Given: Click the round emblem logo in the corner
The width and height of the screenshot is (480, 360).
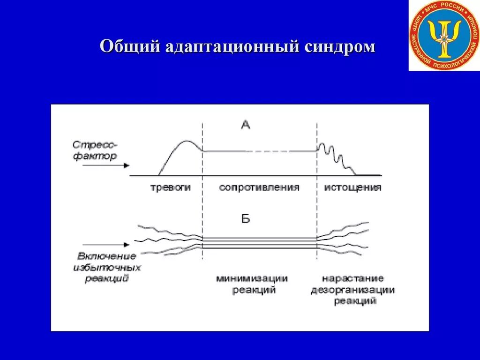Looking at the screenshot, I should pyautogui.click(x=443, y=36).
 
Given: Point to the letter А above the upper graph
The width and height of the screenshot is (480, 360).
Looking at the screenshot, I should pyautogui.click(x=246, y=124).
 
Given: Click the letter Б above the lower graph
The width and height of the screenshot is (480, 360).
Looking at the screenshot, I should pyautogui.click(x=246, y=219).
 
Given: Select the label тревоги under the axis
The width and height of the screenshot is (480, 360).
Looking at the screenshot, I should pyautogui.click(x=170, y=187).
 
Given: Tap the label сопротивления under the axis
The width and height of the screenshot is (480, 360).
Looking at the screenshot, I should pyautogui.click(x=259, y=187).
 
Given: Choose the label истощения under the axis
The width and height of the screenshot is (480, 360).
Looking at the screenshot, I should pyautogui.click(x=352, y=187).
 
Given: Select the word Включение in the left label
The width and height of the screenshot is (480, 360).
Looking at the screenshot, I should pyautogui.click(x=107, y=256).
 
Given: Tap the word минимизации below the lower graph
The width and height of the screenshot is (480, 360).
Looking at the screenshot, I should pyautogui.click(x=252, y=279).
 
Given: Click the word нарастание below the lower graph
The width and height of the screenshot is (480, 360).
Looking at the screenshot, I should pyautogui.click(x=353, y=279).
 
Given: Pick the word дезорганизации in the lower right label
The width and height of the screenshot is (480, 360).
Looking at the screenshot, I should pyautogui.click(x=353, y=290).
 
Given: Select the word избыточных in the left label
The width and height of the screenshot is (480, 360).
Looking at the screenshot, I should pyautogui.click(x=107, y=268).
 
